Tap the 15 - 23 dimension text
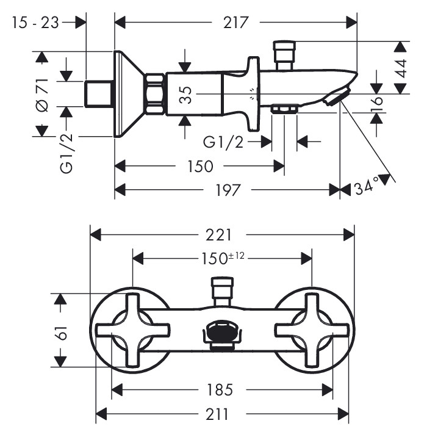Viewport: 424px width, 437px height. tap(35, 23)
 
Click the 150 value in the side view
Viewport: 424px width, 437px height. tap(199, 166)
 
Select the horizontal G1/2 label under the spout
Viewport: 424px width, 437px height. tap(223, 142)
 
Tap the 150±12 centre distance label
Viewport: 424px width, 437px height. tap(222, 258)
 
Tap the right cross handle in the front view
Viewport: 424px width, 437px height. tap(312, 330)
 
